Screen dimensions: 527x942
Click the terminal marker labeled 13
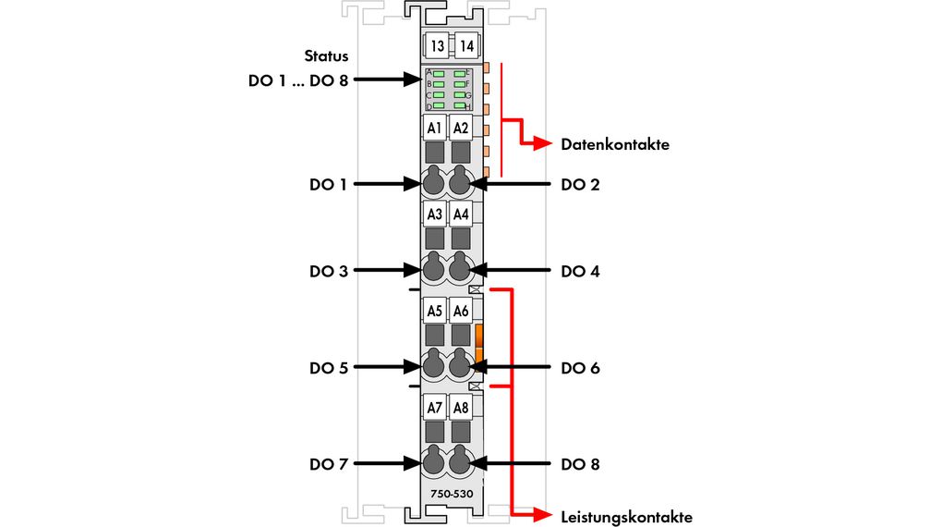pyautogui.click(x=437, y=46)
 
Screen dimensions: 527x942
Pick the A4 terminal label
pyautogui.click(x=461, y=214)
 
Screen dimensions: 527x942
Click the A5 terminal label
pyautogui.click(x=434, y=311)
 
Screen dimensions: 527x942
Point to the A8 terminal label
pyautogui.click(x=461, y=407)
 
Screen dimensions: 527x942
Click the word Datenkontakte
pyautogui.click(x=614, y=145)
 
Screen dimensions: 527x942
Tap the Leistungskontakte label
pyautogui.click(x=626, y=516)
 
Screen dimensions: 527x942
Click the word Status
pyautogui.click(x=326, y=56)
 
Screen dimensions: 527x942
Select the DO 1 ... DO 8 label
pyautogui.click(x=298, y=80)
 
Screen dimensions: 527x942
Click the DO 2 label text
pyautogui.click(x=580, y=185)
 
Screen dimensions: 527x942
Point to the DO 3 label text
pyautogui.click(x=328, y=272)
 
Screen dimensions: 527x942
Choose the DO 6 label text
pyautogui.click(x=580, y=368)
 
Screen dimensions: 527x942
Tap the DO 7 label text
pyautogui.click(x=328, y=464)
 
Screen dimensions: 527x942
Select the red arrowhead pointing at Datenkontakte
pyautogui.click(x=546, y=144)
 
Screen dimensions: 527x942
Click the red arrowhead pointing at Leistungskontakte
pyautogui.click(x=545, y=515)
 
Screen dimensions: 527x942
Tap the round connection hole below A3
pyautogui.click(x=434, y=269)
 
